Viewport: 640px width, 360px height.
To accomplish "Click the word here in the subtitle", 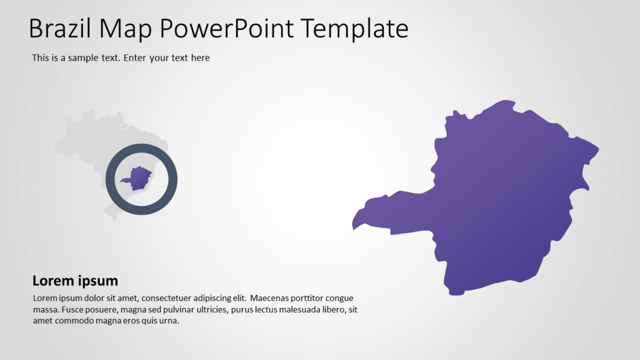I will (200, 57).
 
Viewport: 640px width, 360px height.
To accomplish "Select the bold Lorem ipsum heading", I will (75, 281).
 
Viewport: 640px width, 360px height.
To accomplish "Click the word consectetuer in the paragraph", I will (167, 298).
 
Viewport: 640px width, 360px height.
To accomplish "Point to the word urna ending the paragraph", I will (169, 320).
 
